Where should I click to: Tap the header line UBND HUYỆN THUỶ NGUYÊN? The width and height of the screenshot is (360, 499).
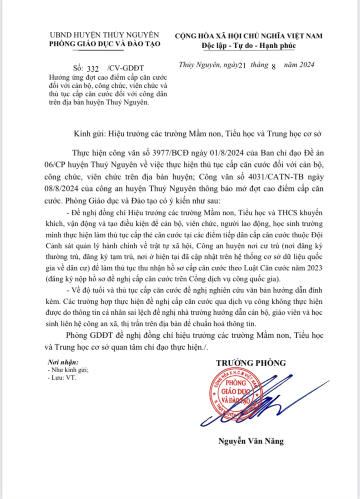click(x=105, y=35)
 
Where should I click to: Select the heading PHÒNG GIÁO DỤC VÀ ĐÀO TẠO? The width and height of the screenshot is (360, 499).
click(x=105, y=44)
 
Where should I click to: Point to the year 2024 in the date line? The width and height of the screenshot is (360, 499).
click(x=304, y=65)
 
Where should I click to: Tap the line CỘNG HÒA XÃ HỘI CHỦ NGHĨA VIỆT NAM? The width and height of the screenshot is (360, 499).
click(x=249, y=35)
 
